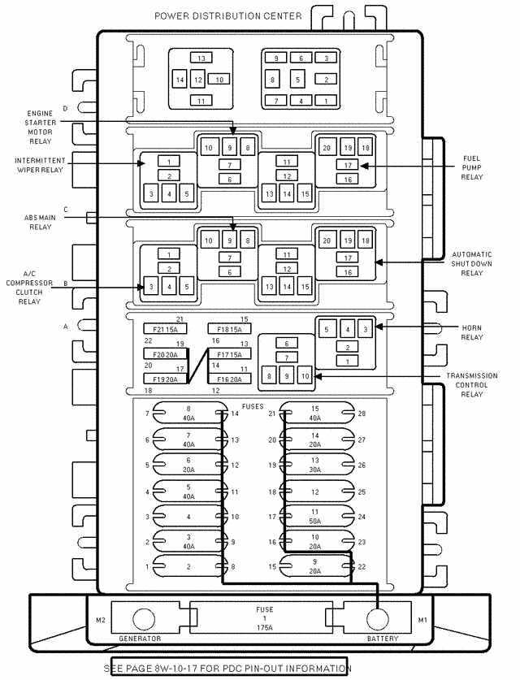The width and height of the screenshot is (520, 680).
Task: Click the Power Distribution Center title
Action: (x=228, y=16)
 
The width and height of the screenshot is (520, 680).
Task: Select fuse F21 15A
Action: (x=165, y=329)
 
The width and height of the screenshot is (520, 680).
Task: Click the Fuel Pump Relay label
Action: (x=472, y=167)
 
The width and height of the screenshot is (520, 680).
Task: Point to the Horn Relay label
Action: (x=472, y=332)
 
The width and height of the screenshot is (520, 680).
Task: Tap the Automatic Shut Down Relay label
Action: (x=471, y=263)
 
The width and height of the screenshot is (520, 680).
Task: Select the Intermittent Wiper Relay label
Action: (x=40, y=166)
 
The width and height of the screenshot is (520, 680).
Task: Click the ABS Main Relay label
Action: (x=39, y=222)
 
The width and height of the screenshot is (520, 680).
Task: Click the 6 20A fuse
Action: (x=188, y=466)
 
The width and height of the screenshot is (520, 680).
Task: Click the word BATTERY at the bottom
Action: (x=382, y=639)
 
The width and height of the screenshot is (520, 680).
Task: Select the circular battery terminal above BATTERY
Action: (x=377, y=619)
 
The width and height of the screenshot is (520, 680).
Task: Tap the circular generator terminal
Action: (x=143, y=619)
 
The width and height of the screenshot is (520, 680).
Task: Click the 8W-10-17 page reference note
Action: (x=229, y=668)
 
